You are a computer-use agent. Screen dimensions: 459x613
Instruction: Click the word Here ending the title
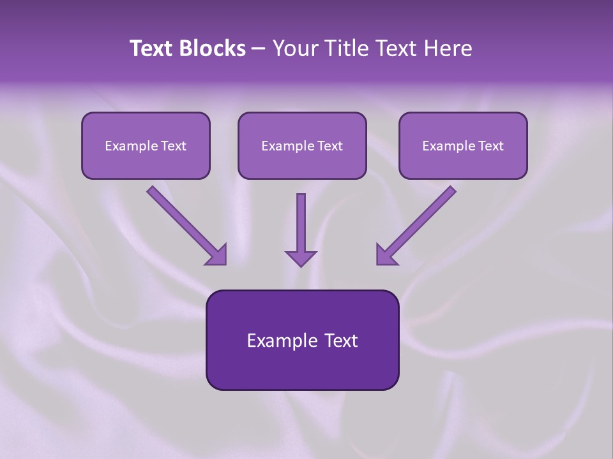pyautogui.click(x=450, y=48)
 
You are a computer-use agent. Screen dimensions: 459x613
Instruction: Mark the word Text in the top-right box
pyautogui.click(x=491, y=146)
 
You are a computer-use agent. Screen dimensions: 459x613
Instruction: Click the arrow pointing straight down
pyautogui.click(x=301, y=226)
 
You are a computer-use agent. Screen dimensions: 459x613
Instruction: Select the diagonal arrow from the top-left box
pyautogui.click(x=185, y=223)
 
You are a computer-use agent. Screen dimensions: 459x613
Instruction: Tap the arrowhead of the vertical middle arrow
pyautogui.click(x=301, y=258)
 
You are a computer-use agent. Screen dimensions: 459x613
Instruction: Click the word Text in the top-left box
pyautogui.click(x=174, y=146)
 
